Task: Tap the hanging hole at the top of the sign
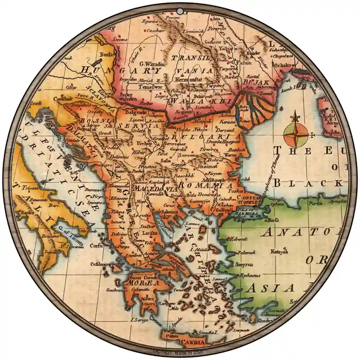(180, 10)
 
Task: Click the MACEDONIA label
(161, 189)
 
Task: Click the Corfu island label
(96, 246)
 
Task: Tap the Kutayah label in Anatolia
(279, 252)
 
